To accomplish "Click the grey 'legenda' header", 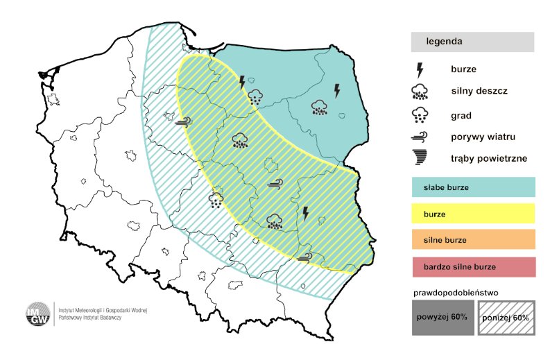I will [x=472, y=42].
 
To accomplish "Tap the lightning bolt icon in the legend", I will [x=420, y=69].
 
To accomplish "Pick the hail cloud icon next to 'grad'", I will [x=420, y=114].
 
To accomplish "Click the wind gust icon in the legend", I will [x=420, y=137].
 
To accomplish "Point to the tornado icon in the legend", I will [x=420, y=158].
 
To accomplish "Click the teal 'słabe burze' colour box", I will [x=472, y=188].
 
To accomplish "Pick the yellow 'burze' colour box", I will [x=472, y=214].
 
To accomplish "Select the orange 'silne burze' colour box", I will [x=472, y=240].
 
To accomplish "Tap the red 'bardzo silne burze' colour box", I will [x=472, y=266].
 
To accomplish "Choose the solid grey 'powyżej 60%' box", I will [x=442, y=318].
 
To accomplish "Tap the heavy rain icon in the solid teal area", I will [x=319, y=107].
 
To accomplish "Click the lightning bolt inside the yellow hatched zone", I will [x=305, y=213].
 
